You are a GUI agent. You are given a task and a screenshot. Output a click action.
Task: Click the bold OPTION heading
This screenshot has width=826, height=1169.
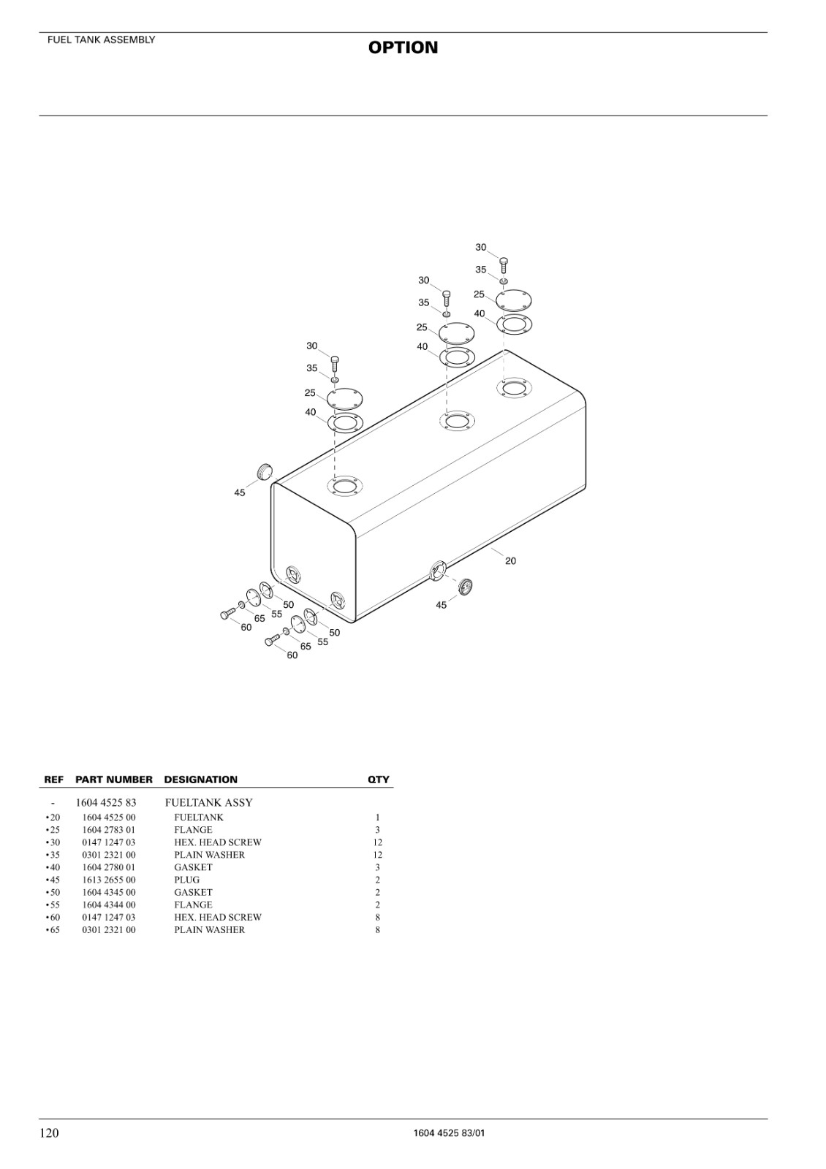coord(403,47)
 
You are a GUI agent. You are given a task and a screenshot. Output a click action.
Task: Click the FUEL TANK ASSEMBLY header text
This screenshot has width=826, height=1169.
coord(102,39)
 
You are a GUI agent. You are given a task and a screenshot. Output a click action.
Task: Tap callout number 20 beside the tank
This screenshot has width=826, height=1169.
coord(511,560)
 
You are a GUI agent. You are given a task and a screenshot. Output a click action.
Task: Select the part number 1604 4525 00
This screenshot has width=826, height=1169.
coord(109,818)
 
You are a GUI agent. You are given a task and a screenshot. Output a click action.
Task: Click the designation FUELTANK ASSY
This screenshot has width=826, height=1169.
coord(209,803)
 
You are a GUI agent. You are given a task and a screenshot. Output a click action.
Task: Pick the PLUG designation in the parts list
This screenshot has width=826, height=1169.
coord(187,880)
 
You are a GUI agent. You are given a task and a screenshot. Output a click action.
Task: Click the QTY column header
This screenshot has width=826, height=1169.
coord(379,780)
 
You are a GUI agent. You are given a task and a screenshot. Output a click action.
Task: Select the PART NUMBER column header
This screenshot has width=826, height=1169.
coord(114,780)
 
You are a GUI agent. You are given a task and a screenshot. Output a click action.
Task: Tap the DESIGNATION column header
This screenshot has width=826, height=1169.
coord(200,780)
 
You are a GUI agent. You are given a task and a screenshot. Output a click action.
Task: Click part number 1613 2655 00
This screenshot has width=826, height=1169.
coord(109,880)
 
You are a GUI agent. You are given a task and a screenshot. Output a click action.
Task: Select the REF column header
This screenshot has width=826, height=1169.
coord(54,780)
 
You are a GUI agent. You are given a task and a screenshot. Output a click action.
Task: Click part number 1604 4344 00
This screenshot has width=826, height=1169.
coord(109,905)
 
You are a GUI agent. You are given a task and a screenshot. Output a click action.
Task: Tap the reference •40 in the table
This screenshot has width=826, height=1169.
coord(53,867)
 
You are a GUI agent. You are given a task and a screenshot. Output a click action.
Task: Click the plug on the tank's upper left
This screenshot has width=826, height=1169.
coord(266,471)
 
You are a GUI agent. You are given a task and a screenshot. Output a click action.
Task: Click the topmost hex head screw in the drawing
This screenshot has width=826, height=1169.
coord(504,264)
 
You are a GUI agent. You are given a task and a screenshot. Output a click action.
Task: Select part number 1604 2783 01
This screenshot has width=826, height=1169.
coord(109,830)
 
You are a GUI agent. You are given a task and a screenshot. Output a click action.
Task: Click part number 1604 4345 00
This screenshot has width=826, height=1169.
coord(109,892)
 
